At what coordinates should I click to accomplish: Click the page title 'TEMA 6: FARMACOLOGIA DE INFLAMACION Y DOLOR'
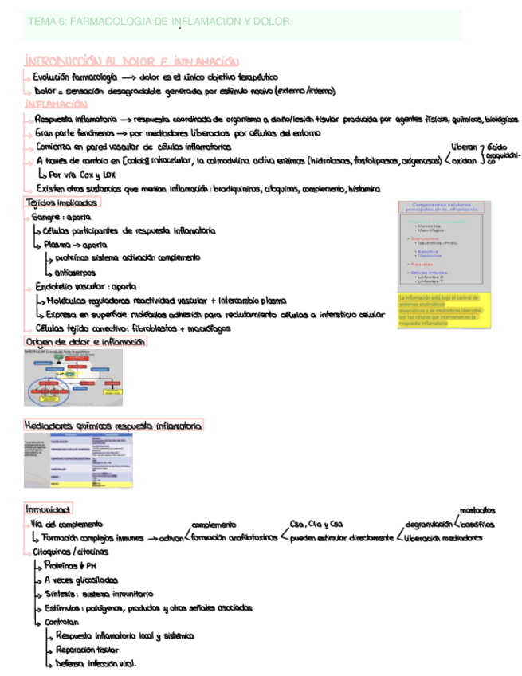coord(159,22)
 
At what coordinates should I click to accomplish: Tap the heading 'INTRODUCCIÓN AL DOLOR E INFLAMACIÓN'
coord(131,61)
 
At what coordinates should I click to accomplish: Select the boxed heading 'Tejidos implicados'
coord(62,202)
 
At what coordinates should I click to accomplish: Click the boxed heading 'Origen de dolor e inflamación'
coord(85,341)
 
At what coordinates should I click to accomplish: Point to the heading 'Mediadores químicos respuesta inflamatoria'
coord(114,425)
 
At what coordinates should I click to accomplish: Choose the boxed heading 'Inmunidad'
coord(49,509)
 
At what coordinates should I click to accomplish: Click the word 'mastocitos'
coord(477,510)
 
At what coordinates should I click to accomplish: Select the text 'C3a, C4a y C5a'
coord(316,524)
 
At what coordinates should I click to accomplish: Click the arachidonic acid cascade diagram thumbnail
coord(73,376)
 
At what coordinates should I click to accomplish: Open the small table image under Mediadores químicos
coord(78,461)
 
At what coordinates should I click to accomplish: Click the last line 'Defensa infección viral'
coord(96,663)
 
